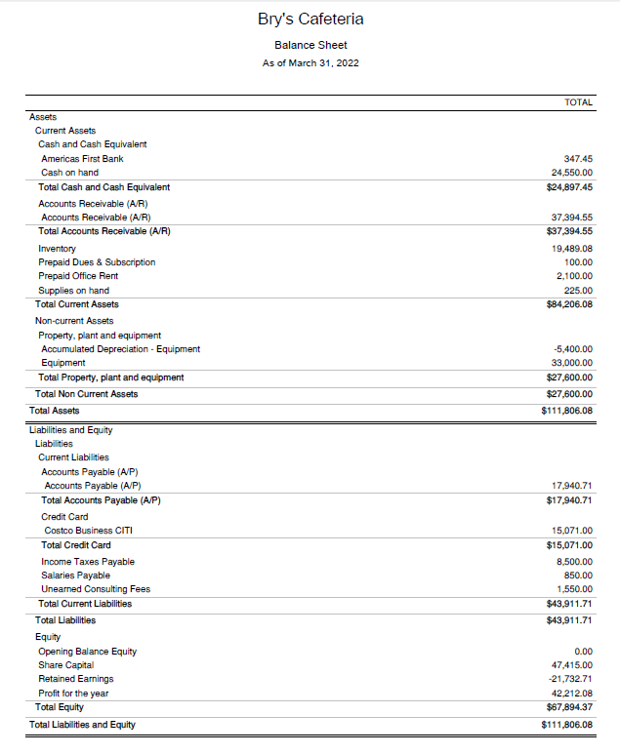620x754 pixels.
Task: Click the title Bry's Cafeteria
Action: (310, 20)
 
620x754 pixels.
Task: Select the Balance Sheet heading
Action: (310, 45)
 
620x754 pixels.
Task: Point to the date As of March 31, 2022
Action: (310, 63)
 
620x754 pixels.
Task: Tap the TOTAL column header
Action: (578, 102)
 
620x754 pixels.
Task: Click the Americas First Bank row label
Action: (82, 158)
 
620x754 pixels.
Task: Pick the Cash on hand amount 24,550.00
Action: (572, 173)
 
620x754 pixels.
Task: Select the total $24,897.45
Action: (570, 187)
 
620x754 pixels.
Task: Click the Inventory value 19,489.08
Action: (572, 249)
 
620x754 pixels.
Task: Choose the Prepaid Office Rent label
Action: (78, 276)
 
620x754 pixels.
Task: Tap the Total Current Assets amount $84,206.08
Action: (570, 304)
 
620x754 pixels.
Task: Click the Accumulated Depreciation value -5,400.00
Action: (573, 349)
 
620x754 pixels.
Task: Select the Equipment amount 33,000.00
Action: (572, 363)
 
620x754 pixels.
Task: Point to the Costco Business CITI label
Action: (88, 531)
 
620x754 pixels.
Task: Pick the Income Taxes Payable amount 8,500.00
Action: (574, 562)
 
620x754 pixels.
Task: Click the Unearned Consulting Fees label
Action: (96, 589)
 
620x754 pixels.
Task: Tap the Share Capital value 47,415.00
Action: (572, 665)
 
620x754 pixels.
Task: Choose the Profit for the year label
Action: (73, 694)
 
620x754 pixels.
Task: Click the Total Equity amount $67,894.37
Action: (570, 707)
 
